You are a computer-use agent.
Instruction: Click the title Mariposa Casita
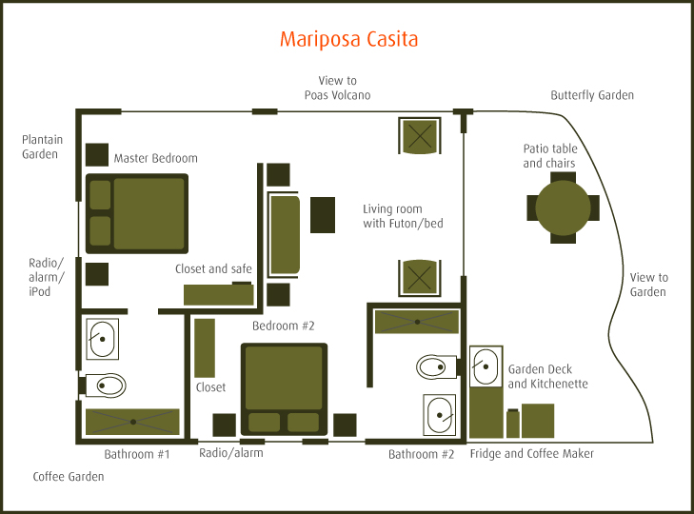[348, 40]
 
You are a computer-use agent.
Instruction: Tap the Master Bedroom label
[155, 158]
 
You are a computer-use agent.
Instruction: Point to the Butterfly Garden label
[591, 96]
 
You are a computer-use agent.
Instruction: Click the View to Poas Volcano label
[337, 89]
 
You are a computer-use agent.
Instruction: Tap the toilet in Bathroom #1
[107, 385]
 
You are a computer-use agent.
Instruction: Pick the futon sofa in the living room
[285, 235]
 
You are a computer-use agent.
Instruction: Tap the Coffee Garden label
[68, 476]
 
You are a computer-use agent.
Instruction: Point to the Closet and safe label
[213, 269]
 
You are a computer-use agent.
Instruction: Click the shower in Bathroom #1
[132, 421]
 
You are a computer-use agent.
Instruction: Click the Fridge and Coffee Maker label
[532, 454]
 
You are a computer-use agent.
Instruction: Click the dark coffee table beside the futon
[324, 214]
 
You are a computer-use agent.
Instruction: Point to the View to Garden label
[648, 285]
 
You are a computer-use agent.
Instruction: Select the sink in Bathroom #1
[102, 338]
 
